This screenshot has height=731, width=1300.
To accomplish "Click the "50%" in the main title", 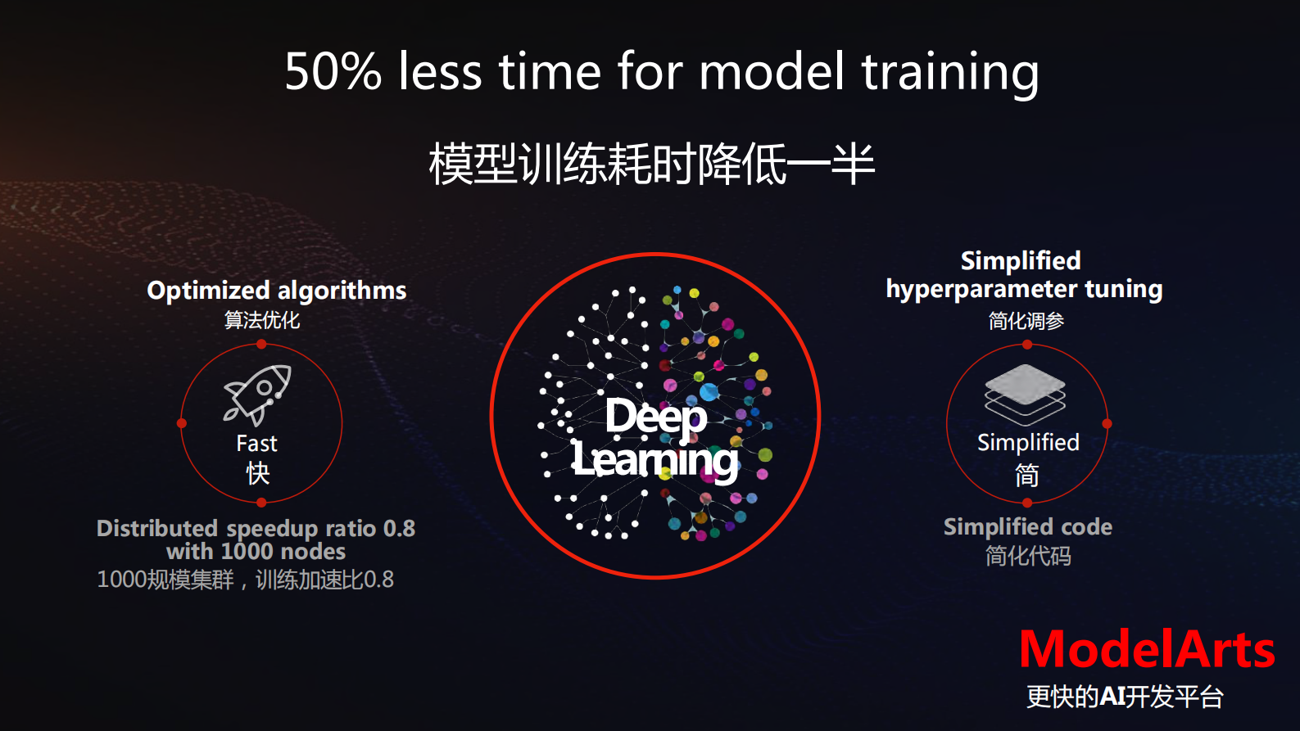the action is tap(333, 71).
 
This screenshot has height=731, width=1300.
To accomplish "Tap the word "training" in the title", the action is tap(950, 74).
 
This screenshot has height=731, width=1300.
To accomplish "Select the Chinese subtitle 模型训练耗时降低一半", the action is tap(651, 164).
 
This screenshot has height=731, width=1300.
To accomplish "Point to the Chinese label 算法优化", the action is tap(262, 320).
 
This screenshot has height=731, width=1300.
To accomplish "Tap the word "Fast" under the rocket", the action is tap(256, 444).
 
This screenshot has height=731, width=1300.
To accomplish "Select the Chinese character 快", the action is tap(258, 473).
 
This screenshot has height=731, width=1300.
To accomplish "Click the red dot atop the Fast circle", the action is tap(261, 345).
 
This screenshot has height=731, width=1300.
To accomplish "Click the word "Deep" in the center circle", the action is tap(656, 417).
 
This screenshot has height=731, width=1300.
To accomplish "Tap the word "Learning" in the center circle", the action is tap(655, 461).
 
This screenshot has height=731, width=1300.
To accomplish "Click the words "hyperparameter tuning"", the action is tap(1024, 290).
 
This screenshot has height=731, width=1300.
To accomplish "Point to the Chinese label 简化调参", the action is tap(1026, 321).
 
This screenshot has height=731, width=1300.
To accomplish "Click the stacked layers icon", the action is tap(1026, 395).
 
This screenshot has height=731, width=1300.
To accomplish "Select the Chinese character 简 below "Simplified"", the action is tap(1026, 475).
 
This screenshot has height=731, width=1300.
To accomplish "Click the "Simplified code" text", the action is tap(1028, 527).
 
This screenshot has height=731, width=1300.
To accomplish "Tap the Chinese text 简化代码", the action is tap(1028, 556).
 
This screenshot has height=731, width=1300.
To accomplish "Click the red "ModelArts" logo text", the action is tap(1148, 650).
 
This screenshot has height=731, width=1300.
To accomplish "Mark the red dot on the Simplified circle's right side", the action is tap(1107, 423).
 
